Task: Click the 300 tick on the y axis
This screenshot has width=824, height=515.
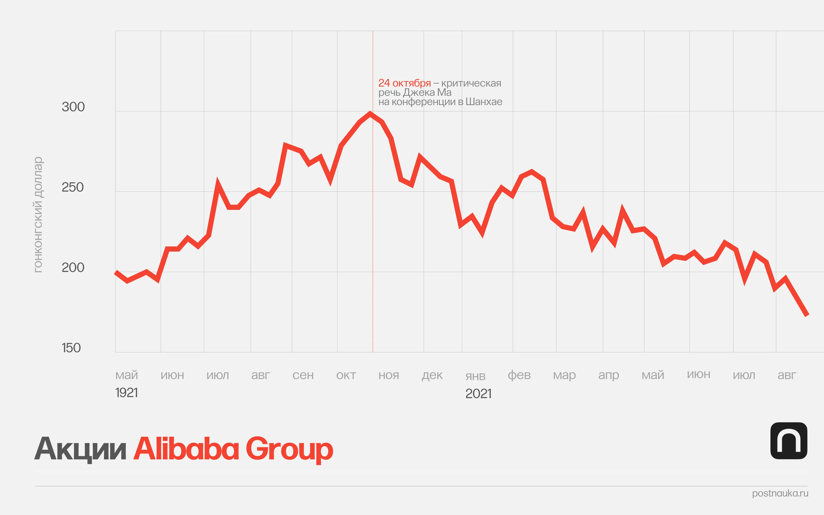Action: coord(73,107)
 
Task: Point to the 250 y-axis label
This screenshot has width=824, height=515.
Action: coord(73,187)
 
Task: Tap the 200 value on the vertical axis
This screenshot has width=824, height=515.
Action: coord(73,268)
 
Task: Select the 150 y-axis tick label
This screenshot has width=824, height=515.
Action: coord(71,348)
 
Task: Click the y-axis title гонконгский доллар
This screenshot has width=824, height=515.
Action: coord(38,214)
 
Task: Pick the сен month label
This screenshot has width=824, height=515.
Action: coord(303,375)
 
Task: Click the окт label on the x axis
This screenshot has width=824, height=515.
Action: coord(346,375)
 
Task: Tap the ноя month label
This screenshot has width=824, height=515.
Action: coord(389,375)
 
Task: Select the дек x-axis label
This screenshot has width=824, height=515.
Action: coord(432,375)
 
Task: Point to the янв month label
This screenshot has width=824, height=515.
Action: coord(475,376)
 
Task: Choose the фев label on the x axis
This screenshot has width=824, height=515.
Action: coord(519,375)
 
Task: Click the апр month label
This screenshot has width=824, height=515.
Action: coord(608,375)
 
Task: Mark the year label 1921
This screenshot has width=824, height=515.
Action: coord(127,393)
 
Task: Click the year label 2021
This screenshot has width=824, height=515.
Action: coord(478,394)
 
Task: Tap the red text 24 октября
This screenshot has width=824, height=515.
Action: coord(405,83)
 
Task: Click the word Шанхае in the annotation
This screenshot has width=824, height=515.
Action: coord(484,102)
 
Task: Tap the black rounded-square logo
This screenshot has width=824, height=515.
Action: coord(788,441)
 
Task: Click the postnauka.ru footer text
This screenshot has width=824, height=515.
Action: coord(780,493)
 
